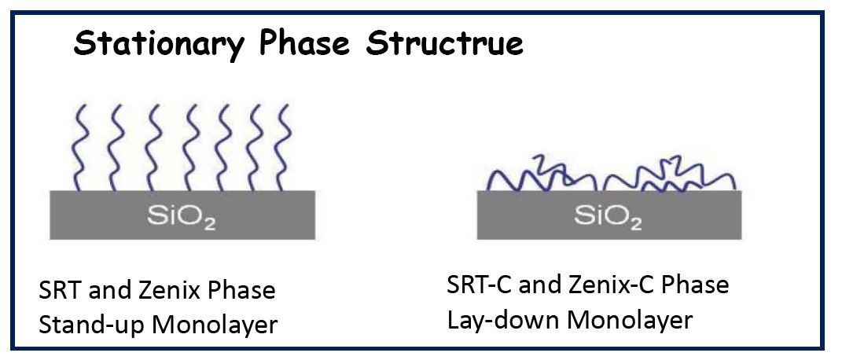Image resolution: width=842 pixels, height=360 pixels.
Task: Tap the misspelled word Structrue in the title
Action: (443, 43)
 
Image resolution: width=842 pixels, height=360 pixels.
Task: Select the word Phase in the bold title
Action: (304, 43)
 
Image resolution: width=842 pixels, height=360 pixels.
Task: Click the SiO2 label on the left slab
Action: (182, 217)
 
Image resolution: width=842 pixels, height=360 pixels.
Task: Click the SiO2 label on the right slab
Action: (609, 217)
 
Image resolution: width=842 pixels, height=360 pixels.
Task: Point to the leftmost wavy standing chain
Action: (79, 148)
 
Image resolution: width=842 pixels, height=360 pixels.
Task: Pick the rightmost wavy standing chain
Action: (284, 148)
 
